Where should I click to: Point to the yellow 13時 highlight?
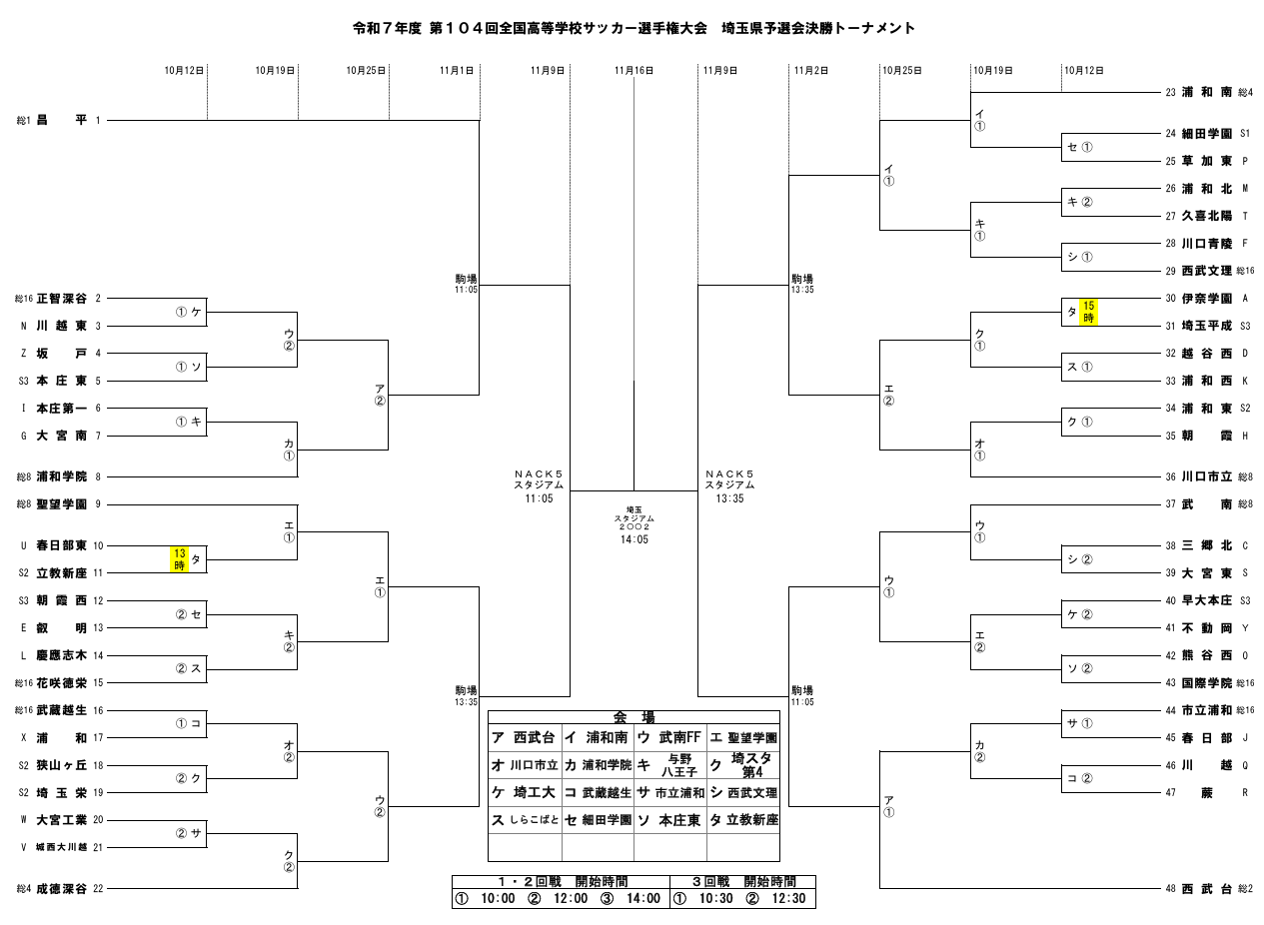click(x=180, y=558)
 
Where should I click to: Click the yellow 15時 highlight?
click(x=1089, y=312)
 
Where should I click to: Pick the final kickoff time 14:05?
click(x=633, y=538)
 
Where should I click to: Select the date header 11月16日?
click(x=633, y=71)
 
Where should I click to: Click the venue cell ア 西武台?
click(x=525, y=737)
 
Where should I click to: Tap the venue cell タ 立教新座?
click(x=743, y=819)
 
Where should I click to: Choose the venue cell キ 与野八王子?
click(x=670, y=765)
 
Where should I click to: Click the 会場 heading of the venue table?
click(x=633, y=717)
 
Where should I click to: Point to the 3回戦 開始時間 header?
click(x=742, y=882)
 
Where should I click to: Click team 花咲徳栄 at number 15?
click(x=61, y=683)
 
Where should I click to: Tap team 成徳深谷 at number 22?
click(x=61, y=888)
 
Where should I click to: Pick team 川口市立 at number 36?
click(x=1203, y=476)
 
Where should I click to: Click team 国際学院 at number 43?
click(x=1203, y=682)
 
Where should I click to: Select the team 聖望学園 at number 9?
click(x=61, y=504)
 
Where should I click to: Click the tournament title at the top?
click(x=633, y=29)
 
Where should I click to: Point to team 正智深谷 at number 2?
click(x=61, y=298)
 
